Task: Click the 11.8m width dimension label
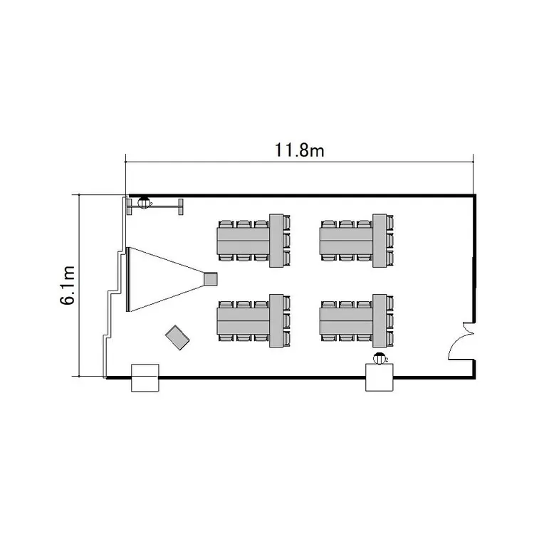click(299, 150)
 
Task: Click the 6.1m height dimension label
click(68, 285)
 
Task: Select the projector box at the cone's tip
click(211, 279)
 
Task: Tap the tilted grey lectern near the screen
click(177, 337)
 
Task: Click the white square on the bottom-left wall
click(145, 377)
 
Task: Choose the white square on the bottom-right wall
click(379, 377)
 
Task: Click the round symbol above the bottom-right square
click(379, 358)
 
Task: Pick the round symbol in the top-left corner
click(144, 203)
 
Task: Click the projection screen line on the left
click(128, 279)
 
